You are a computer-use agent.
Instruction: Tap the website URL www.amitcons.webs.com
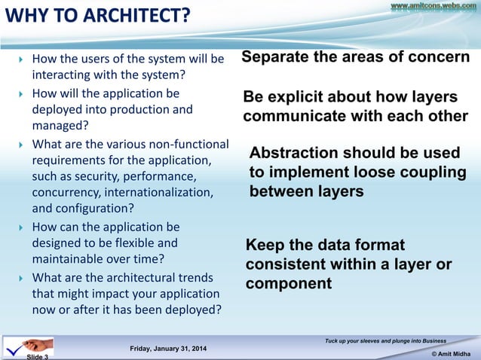coord(434,6)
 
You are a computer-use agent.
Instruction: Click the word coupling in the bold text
coord(429,172)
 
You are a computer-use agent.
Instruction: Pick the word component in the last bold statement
coord(289,283)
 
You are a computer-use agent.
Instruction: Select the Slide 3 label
coord(38,356)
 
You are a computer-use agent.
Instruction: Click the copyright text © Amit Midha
coord(449,352)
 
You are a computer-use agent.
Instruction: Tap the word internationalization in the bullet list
coord(166,193)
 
